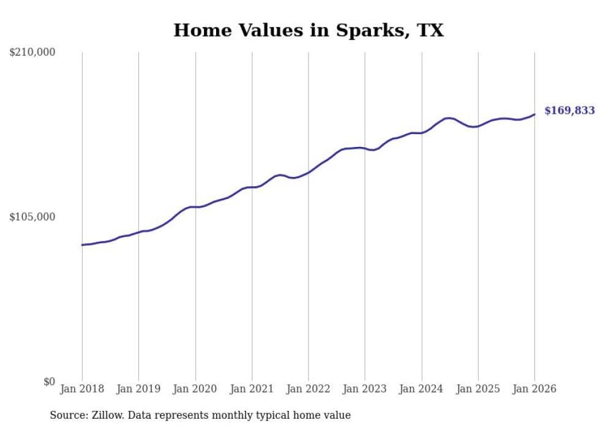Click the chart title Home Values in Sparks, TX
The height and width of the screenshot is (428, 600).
point(308,30)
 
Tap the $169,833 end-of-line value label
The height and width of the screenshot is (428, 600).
point(569,111)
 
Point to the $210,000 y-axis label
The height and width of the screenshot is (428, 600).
point(32,53)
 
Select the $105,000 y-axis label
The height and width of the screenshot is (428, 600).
point(32,217)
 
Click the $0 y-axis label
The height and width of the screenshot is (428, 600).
point(49,382)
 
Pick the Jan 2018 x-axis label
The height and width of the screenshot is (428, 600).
point(82,389)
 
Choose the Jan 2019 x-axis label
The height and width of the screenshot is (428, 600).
point(138,389)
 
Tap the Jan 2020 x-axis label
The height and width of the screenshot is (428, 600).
point(195,389)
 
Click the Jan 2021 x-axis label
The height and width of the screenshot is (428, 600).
point(252,389)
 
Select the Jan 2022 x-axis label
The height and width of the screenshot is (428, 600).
point(309,389)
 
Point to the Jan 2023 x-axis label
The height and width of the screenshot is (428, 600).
point(365,389)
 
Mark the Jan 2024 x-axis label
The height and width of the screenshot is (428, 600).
point(422,389)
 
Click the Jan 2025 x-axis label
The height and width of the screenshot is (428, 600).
point(478,389)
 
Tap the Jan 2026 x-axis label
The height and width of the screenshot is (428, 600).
point(534,389)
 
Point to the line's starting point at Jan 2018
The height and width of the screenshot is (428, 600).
point(82,245)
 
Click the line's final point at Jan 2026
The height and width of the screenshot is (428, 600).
point(534,115)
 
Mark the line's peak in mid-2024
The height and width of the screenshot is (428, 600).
point(449,118)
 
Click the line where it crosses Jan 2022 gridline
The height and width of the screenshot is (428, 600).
point(309,173)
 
